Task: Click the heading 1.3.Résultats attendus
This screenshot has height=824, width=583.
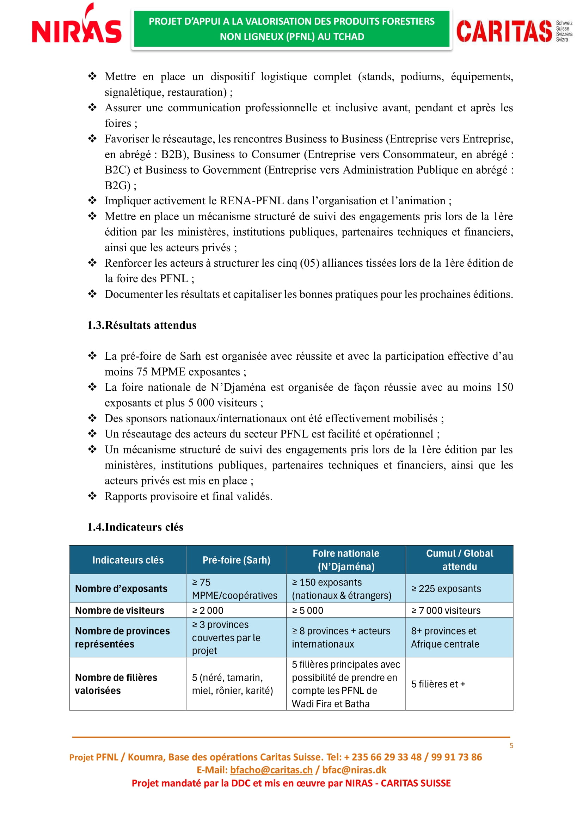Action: click(x=142, y=325)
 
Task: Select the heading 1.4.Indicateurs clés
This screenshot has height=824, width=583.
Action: click(x=135, y=527)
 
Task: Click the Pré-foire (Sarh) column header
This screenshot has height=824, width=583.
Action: click(x=236, y=560)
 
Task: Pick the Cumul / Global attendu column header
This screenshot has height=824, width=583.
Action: click(x=460, y=560)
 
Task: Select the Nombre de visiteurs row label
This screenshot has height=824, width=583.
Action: click(x=119, y=611)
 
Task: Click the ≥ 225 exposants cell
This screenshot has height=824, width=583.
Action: click(x=446, y=589)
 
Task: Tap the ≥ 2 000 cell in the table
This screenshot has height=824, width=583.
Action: click(x=208, y=611)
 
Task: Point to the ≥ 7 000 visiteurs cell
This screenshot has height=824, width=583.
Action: click(x=446, y=611)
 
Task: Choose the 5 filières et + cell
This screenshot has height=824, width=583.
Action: click(x=438, y=684)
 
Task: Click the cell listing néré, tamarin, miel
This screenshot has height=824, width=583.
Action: click(x=232, y=684)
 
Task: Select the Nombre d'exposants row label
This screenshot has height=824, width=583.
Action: click(x=121, y=589)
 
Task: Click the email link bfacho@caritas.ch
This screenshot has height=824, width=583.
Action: click(x=271, y=770)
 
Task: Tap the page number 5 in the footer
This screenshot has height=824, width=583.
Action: click(x=511, y=745)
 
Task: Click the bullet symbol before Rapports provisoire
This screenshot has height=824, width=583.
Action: click(x=92, y=496)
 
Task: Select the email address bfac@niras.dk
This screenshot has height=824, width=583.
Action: click(x=354, y=770)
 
